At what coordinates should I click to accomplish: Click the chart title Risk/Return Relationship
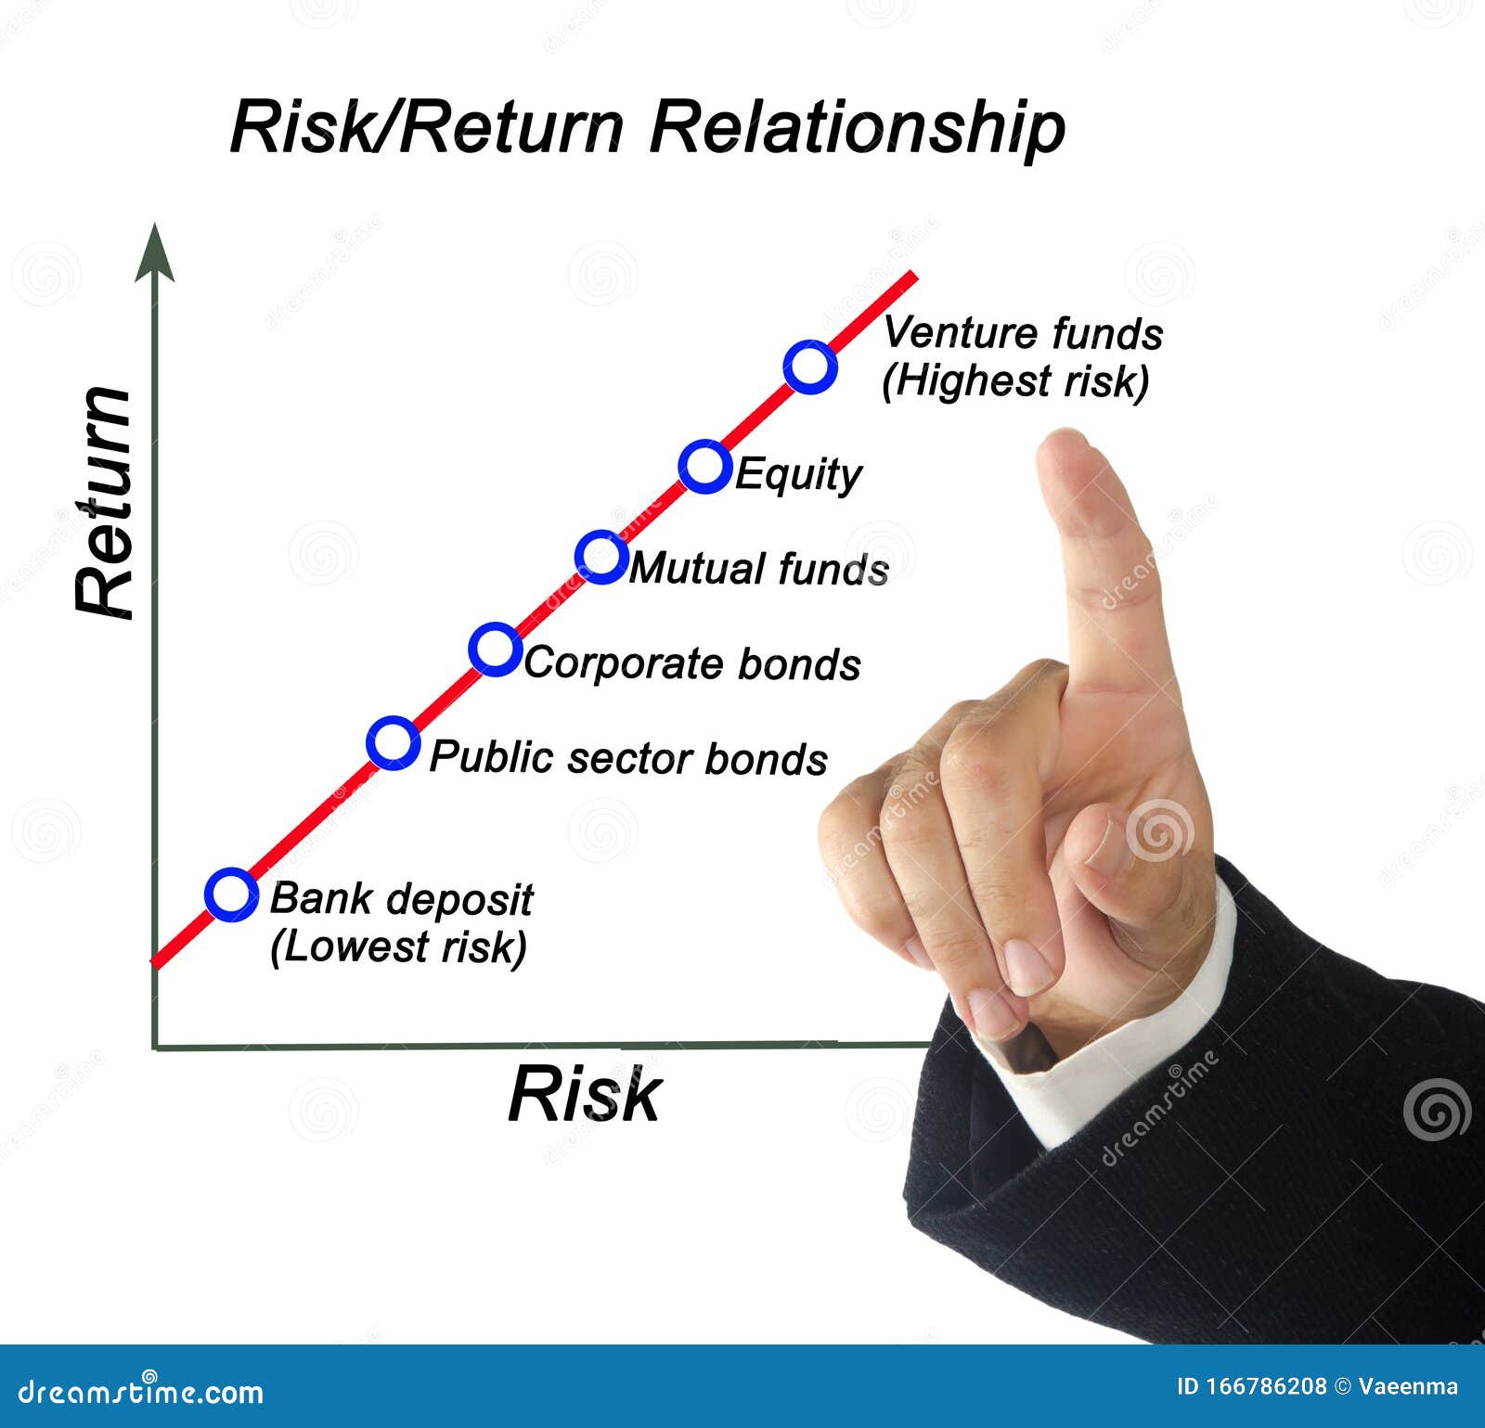[x=647, y=127]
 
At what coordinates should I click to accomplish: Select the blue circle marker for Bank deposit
[x=231, y=894]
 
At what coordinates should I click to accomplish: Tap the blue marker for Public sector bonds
[x=393, y=742]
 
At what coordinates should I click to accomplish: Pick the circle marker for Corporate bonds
[x=495, y=649]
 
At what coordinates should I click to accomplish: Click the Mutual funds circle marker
[x=601, y=557]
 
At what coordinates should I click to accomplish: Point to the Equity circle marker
[x=704, y=466]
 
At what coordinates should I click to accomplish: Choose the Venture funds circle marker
[x=810, y=367]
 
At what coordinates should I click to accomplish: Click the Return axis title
[x=105, y=502]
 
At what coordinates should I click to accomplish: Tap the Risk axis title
[x=584, y=1095]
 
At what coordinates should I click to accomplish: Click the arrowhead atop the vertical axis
[x=154, y=252]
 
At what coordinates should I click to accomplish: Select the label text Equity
[x=798, y=474]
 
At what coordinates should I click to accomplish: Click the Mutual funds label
[x=759, y=569]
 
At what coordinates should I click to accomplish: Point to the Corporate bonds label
[x=692, y=663]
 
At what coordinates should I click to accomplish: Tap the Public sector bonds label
[x=628, y=758]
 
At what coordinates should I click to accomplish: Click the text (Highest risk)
[x=1015, y=381]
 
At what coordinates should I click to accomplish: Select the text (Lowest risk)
[x=398, y=946]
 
